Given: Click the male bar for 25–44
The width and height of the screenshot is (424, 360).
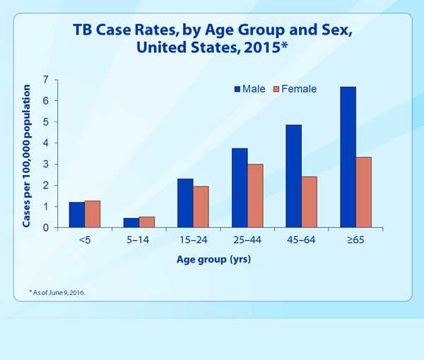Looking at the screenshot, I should coord(240,188).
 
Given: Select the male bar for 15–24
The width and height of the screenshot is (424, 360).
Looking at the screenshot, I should coord(185,203).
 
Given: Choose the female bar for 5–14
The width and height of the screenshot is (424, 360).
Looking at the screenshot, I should coord(147,222).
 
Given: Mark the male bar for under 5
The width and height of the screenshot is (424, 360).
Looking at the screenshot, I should coord(76,215).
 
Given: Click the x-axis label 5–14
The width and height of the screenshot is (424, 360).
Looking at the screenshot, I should coord(139,240).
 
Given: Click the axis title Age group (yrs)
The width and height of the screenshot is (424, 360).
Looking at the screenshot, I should coord(213,259).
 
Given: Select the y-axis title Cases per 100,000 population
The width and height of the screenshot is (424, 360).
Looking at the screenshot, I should coord(27,156).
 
